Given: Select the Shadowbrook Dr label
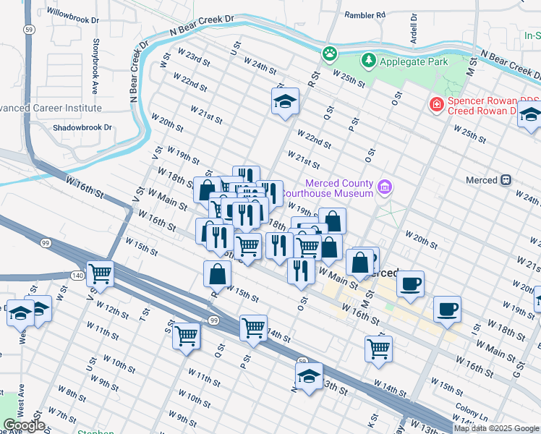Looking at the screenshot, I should pyautogui.click(x=82, y=127).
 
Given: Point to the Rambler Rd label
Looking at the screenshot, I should pyautogui.click(x=365, y=14).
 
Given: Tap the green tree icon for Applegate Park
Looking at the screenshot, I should pyautogui.click(x=369, y=61).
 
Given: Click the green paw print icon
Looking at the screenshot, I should pyautogui.click(x=330, y=53).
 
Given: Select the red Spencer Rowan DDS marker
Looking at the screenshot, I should pyautogui.click(x=436, y=105).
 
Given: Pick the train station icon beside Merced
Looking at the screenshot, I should pyautogui.click(x=506, y=179).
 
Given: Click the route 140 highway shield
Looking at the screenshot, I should pyautogui.click(x=78, y=275).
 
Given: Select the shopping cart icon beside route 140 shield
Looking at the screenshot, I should pyautogui.click(x=101, y=273).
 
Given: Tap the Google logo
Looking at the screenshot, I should pyautogui.click(x=24, y=425).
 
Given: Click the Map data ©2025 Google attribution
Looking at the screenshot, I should pyautogui.click(x=496, y=428).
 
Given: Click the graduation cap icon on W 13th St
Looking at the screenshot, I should pyautogui.click(x=309, y=376).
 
